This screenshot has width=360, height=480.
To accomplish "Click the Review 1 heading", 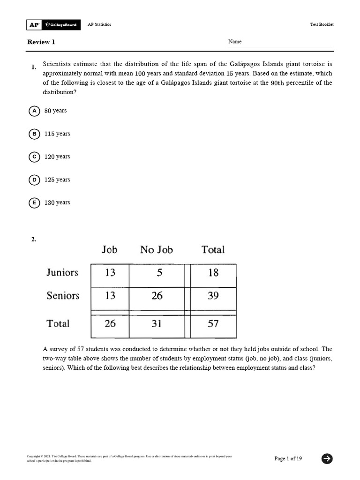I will (41, 42).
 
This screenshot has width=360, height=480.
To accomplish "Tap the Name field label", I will (235, 42).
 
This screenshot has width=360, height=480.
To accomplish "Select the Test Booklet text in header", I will (322, 25).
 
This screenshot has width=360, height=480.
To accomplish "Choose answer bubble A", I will (34, 111).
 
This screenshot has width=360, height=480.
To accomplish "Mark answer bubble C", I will (34, 157).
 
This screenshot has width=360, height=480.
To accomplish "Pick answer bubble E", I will (34, 203).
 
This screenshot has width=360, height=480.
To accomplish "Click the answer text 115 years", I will (57, 134).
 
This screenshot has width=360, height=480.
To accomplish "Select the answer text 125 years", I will (57, 180).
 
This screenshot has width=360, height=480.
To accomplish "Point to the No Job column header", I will (156, 250).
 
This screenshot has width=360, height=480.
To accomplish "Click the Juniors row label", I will (62, 272).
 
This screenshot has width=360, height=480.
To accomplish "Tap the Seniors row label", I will (63, 296).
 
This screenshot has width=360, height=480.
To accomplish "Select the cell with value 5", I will (159, 273).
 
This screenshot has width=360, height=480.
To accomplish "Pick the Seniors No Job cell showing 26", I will (157, 296).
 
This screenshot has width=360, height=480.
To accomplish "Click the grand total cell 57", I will (213, 324).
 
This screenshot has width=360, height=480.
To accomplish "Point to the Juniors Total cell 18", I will (213, 273).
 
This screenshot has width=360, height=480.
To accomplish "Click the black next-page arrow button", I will (327, 459).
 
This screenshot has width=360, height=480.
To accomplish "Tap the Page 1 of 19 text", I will (288, 459).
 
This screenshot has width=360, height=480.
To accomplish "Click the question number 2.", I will (34, 240).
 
